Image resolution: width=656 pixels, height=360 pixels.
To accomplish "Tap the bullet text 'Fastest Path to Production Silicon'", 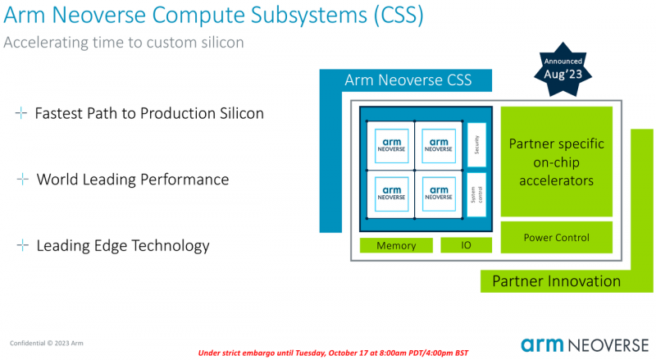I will coord(148,113).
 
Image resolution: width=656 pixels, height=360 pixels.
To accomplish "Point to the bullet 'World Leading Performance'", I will coord(132,180).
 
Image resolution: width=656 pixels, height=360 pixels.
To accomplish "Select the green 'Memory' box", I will coord(396,245).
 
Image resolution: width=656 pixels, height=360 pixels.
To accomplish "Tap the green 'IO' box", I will coord(466,245).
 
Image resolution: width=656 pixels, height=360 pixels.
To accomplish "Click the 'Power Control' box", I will coord(556,238).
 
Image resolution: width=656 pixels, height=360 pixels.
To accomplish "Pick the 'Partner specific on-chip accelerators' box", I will coord(556,162).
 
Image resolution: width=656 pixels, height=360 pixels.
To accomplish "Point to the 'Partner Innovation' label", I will coord(556,281).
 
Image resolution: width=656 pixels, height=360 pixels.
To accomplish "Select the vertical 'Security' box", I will coord(476,144).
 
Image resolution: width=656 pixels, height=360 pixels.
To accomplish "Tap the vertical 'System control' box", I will coord(476,194).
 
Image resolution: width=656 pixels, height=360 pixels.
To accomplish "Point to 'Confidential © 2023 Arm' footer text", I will coord(46,342).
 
